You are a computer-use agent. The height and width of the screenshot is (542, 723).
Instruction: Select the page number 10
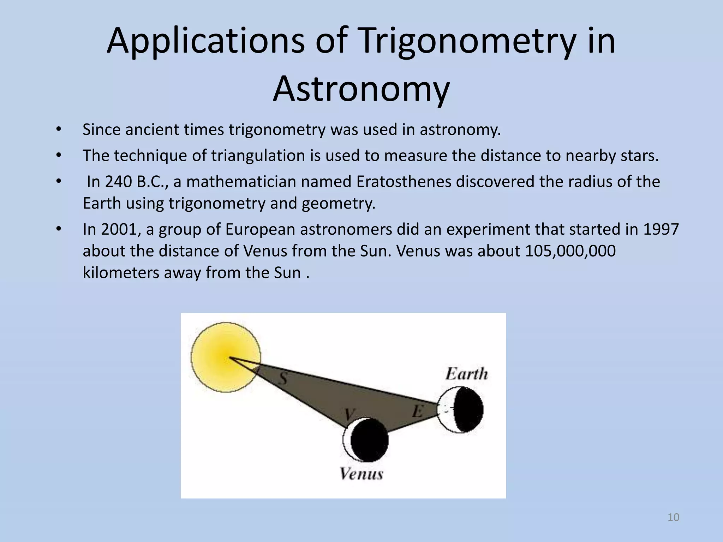click(x=673, y=517)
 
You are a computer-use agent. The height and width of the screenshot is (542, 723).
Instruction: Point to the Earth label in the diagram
click(x=466, y=374)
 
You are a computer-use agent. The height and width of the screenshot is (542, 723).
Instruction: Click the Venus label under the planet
click(x=361, y=474)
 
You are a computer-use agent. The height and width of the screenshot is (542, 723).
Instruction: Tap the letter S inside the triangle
click(x=282, y=379)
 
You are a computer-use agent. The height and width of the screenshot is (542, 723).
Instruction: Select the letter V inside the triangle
click(x=349, y=414)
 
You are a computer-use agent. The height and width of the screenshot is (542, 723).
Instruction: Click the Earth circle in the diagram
click(x=460, y=410)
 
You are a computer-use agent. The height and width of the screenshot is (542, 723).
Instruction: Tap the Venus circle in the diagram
click(x=366, y=440)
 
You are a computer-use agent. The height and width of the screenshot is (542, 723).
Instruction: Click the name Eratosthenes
click(x=404, y=182)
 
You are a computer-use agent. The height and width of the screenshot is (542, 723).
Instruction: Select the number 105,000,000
click(x=570, y=251)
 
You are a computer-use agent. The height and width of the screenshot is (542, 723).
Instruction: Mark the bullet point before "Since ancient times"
click(x=59, y=129)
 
